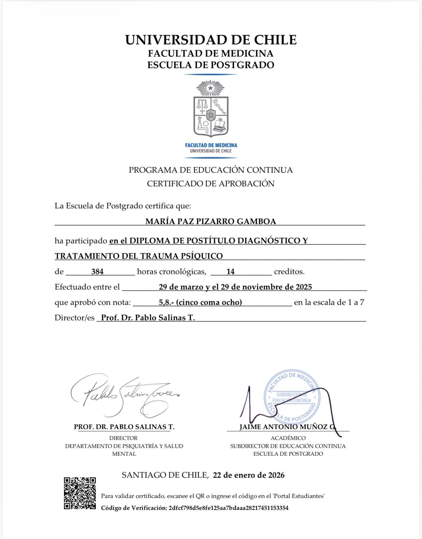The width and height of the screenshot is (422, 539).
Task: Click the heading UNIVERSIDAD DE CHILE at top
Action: (211, 40)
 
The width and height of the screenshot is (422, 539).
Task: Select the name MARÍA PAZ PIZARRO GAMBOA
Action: (211, 221)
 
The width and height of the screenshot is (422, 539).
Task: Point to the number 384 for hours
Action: (97, 271)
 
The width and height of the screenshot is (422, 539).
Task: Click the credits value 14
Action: (230, 271)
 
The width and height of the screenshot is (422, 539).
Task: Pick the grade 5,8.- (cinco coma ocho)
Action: (200, 302)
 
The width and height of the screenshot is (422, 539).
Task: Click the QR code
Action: (80, 493)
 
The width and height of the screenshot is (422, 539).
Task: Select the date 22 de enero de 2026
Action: (248, 475)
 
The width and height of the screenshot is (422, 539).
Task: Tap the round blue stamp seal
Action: (292, 396)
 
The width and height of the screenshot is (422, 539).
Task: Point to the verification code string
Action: (228, 508)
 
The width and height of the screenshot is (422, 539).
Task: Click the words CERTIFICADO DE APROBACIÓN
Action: (211, 184)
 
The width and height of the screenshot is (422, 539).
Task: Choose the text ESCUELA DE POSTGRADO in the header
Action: (211, 65)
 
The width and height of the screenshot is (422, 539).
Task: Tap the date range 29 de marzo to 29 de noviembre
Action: (235, 287)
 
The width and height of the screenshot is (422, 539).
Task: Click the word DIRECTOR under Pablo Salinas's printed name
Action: (124, 438)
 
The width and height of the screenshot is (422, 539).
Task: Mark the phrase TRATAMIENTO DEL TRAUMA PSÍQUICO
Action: (139, 256)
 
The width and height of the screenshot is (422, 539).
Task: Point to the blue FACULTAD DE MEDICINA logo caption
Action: (211, 145)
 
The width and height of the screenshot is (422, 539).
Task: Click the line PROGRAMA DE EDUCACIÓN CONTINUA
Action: (211, 170)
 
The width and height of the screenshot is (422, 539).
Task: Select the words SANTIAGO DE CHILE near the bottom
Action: (164, 475)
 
